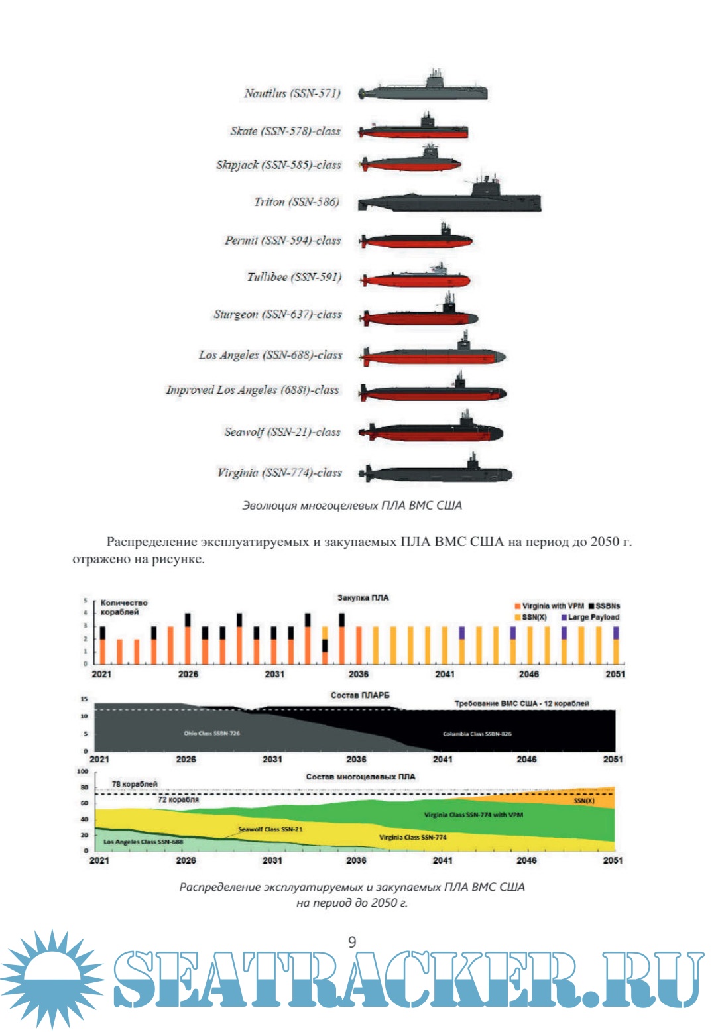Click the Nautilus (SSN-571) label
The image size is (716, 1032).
292,93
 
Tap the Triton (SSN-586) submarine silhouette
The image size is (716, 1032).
449,201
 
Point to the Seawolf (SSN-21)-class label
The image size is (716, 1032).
282,432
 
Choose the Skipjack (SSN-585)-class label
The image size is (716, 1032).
278,165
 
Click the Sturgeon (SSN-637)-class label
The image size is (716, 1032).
277,314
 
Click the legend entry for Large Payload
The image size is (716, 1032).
590,617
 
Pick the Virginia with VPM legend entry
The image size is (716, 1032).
549,606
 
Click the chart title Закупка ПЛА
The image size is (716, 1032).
363,598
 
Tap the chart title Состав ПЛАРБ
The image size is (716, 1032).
360,695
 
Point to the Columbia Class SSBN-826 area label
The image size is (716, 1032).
477,734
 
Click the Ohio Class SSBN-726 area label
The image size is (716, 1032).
211,733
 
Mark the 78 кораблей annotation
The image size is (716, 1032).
135,784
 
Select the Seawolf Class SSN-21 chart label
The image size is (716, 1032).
270,829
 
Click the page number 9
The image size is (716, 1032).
352,942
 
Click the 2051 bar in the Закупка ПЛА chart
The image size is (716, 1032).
616,645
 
